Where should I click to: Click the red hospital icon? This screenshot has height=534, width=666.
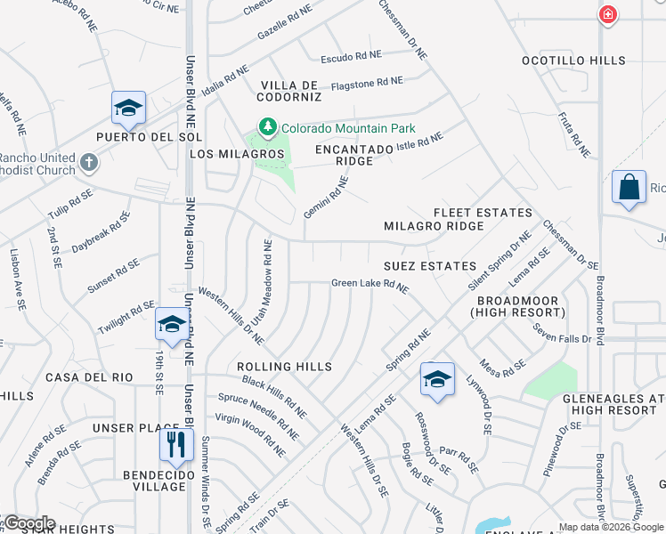click(x=608, y=14)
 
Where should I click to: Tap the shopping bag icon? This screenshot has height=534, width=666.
click(x=629, y=188)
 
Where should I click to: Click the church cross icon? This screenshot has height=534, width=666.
click(x=88, y=162)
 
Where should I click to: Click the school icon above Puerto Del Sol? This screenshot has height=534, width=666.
click(x=129, y=108)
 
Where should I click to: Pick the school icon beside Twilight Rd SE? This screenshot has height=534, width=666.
click(x=171, y=324)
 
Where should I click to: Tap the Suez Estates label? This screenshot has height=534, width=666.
click(x=430, y=266)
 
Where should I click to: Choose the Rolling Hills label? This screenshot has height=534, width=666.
click(x=284, y=367)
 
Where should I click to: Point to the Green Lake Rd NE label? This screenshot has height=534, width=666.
click(x=370, y=285)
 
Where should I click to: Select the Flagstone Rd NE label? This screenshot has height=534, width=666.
click(x=366, y=82)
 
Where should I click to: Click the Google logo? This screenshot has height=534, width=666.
click(x=28, y=523)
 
